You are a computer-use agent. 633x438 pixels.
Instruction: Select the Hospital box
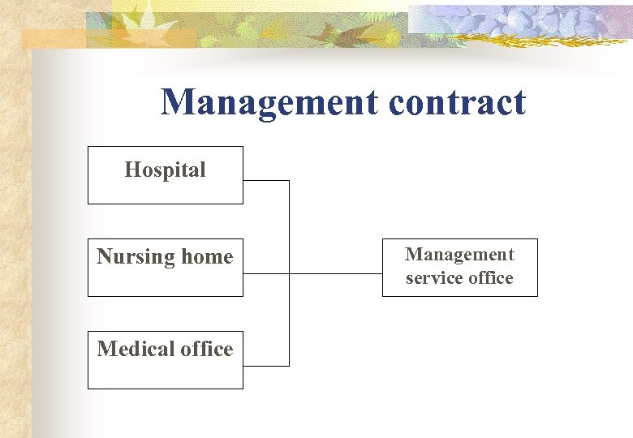[x=165, y=175]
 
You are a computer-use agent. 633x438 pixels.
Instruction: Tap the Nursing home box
[x=165, y=268]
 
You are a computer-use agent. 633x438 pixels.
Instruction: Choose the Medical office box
[x=165, y=360]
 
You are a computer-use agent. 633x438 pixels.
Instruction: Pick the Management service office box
[x=459, y=267]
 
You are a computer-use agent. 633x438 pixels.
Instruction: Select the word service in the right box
[x=433, y=278]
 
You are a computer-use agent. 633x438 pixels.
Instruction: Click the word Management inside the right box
[x=459, y=255]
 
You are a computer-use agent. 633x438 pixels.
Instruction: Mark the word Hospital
[x=165, y=170]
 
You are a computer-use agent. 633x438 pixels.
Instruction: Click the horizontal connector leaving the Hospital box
[x=265, y=180]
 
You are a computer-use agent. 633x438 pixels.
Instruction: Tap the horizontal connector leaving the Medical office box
[x=265, y=366]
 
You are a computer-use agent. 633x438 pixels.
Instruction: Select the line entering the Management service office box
[x=335, y=273]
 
